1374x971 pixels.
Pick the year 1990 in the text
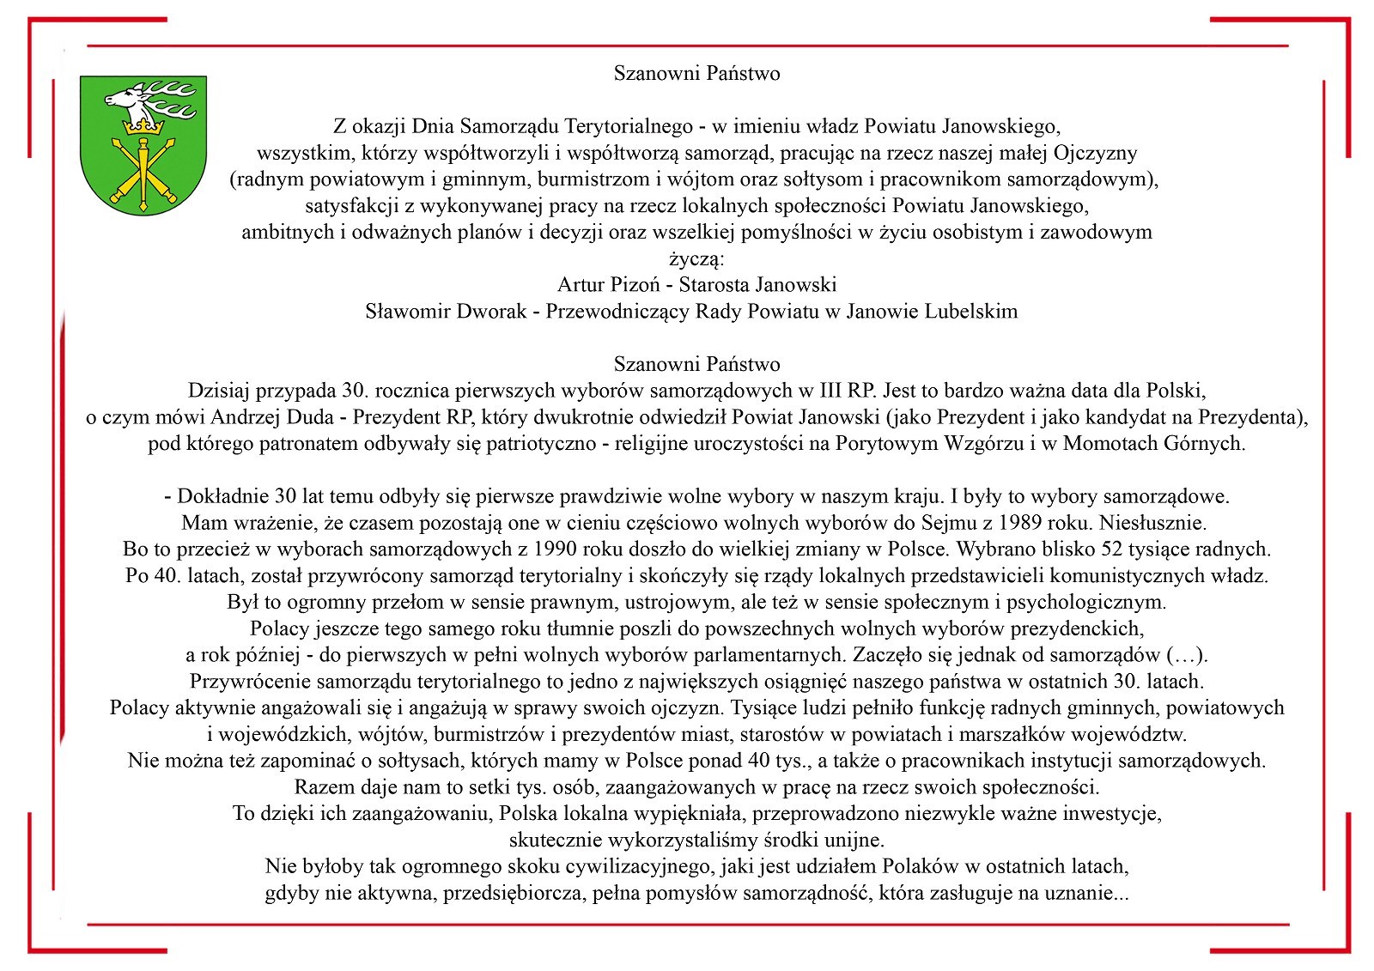pos(556,549)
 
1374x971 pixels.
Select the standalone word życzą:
pos(696,258)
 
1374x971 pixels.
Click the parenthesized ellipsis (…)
pos(1186,656)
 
